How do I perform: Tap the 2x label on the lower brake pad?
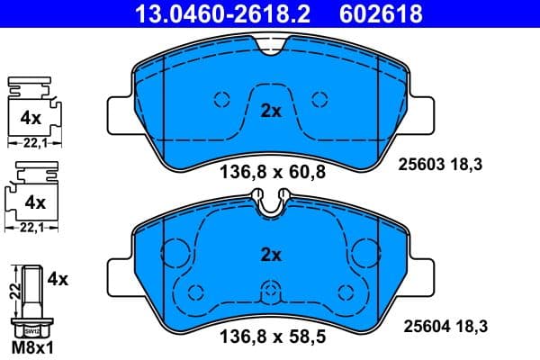(x=271, y=256)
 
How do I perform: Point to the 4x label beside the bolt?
(x=58, y=280)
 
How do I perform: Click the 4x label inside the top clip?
(x=30, y=117)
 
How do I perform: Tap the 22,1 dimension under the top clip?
(x=32, y=142)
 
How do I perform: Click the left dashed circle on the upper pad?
(x=222, y=99)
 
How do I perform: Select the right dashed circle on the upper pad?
(x=318, y=99)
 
